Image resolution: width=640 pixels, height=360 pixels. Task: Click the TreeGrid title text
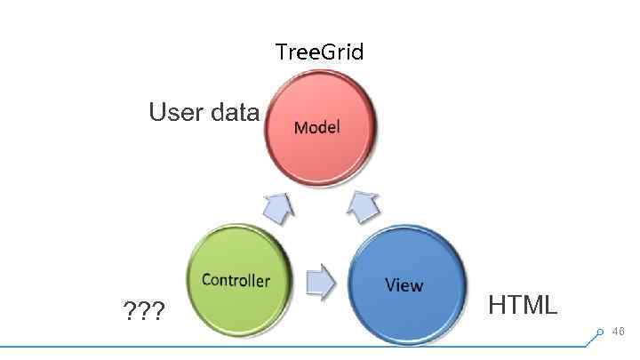pyautogui.click(x=319, y=52)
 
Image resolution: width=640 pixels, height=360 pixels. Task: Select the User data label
pyautogui.click(x=204, y=113)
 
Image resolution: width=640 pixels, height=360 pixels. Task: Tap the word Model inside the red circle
pyautogui.click(x=316, y=127)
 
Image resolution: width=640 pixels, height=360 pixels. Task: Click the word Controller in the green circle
pyautogui.click(x=236, y=280)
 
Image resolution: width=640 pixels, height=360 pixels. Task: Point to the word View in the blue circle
pyautogui.click(x=404, y=284)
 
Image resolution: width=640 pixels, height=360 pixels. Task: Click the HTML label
pyautogui.click(x=523, y=305)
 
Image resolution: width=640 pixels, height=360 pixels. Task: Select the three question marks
pyautogui.click(x=144, y=312)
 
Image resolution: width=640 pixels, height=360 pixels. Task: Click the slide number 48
pyautogui.click(x=619, y=332)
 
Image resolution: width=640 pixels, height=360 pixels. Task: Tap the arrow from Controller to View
pyautogui.click(x=320, y=282)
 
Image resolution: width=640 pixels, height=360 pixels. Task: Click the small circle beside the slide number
pyautogui.click(x=600, y=332)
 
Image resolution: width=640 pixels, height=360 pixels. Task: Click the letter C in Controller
pyautogui.click(x=206, y=280)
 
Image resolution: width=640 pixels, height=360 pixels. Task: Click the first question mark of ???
pyautogui.click(x=130, y=312)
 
